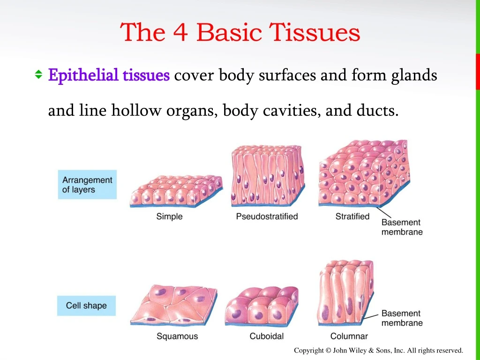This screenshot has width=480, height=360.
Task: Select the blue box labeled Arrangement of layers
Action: (x=87, y=185)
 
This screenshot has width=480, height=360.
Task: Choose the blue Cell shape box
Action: (x=86, y=306)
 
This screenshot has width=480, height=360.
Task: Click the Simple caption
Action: (x=169, y=217)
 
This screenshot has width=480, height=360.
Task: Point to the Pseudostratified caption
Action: (x=267, y=217)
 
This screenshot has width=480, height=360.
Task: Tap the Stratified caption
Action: (x=352, y=217)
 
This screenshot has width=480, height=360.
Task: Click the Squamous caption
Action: (x=177, y=336)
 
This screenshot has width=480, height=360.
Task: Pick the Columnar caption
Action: (x=349, y=336)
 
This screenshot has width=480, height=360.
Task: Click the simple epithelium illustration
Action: (x=176, y=191)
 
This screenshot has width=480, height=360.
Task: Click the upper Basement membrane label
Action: (x=402, y=227)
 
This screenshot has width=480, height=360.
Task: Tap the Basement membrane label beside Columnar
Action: (x=402, y=318)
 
